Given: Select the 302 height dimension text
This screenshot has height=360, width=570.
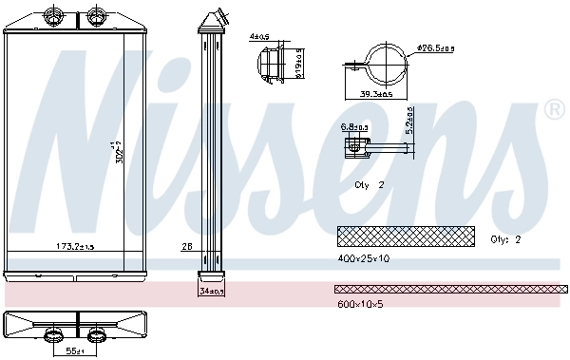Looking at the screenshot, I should pyautogui.click(x=119, y=152).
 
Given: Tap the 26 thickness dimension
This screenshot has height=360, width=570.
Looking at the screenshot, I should pyautogui.click(x=185, y=247).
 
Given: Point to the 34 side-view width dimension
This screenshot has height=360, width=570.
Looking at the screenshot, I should pyautogui.click(x=211, y=293).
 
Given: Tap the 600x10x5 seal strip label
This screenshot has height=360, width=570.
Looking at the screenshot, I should pyautogui.click(x=360, y=303).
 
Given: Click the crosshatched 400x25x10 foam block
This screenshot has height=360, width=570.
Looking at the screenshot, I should pyautogui.click(x=404, y=235).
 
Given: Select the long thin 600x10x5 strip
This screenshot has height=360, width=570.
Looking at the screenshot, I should pyautogui.click(x=450, y=288).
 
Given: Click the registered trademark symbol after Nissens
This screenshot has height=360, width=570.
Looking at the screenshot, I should pyautogui.click(x=555, y=112).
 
